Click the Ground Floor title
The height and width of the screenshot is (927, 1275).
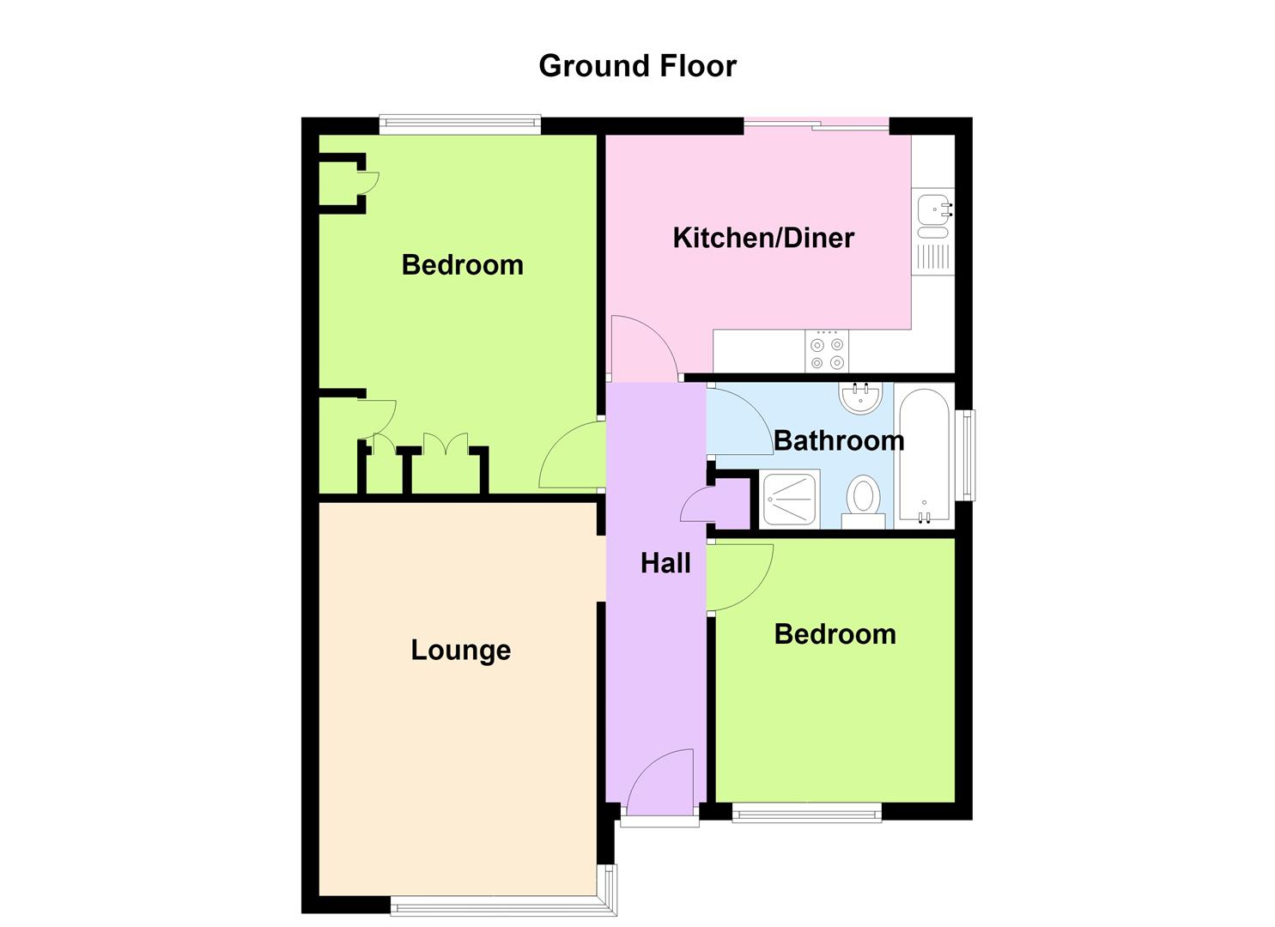(637, 66)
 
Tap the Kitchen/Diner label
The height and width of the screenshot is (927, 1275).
(763, 238)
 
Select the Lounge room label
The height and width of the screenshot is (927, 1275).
(460, 651)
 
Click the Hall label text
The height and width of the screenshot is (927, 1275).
(665, 563)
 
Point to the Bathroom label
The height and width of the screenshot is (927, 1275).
(839, 441)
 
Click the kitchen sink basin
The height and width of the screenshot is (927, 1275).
(933, 209)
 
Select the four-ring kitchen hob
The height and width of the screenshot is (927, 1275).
(827, 351)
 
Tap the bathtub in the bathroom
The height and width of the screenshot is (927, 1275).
(925, 455)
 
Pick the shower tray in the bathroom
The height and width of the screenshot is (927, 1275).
(790, 499)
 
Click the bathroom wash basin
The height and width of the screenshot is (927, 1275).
(860, 397)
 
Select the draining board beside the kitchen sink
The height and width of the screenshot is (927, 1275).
(933, 257)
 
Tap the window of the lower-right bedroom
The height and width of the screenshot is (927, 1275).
(806, 812)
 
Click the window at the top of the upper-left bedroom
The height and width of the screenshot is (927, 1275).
(460, 125)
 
